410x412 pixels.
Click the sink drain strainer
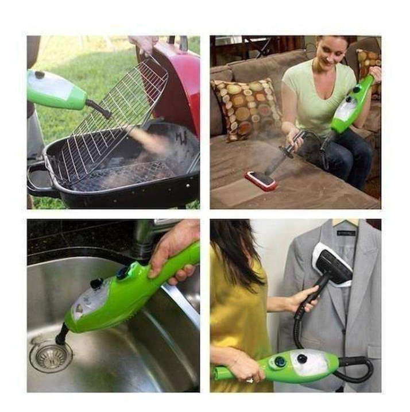51,356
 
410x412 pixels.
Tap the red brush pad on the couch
261,180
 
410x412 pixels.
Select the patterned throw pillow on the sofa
245,108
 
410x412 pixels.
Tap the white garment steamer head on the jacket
331,264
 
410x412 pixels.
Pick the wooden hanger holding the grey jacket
345,222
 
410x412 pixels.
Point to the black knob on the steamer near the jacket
280,363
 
